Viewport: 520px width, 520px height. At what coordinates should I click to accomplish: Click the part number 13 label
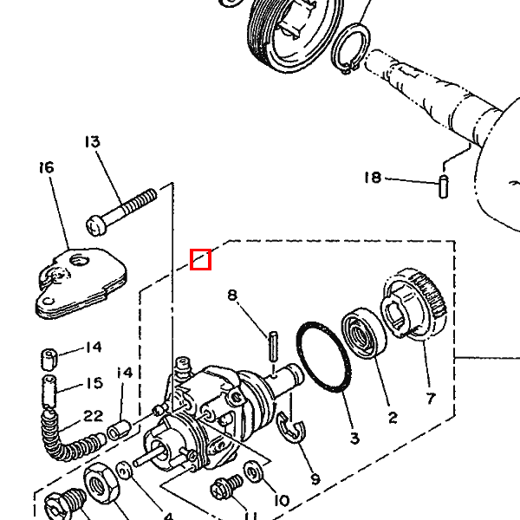(x=92, y=141)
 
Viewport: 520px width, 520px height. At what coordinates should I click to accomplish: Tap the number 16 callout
(x=47, y=167)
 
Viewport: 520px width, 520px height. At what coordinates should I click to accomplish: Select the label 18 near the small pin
(x=373, y=178)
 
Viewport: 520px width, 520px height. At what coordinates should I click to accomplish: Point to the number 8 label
(x=232, y=295)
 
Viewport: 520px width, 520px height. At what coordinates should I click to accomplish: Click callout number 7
(x=431, y=399)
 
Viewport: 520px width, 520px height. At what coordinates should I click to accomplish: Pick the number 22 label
(x=94, y=416)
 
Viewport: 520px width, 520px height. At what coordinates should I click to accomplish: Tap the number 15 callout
(x=94, y=383)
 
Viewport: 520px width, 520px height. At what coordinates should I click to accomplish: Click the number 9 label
(x=315, y=479)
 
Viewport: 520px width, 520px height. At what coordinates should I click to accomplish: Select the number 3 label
(x=354, y=438)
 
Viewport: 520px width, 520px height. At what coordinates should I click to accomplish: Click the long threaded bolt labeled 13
(x=121, y=212)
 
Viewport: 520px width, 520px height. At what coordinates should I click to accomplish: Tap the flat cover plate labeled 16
(x=81, y=283)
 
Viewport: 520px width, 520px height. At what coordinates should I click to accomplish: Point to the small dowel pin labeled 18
(x=444, y=186)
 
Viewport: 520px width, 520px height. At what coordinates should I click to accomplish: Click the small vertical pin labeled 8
(x=273, y=346)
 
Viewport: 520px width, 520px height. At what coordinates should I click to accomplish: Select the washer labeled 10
(x=254, y=471)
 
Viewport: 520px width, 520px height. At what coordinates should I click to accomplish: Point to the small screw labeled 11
(x=226, y=486)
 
